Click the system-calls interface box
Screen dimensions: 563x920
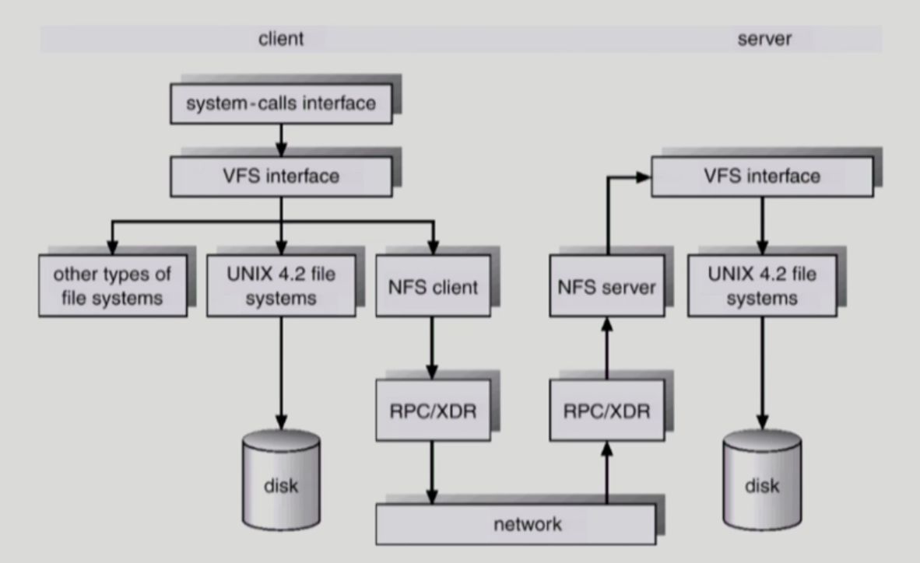point(279,103)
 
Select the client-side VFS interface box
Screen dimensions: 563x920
point(279,176)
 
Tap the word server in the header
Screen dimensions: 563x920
point(764,39)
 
